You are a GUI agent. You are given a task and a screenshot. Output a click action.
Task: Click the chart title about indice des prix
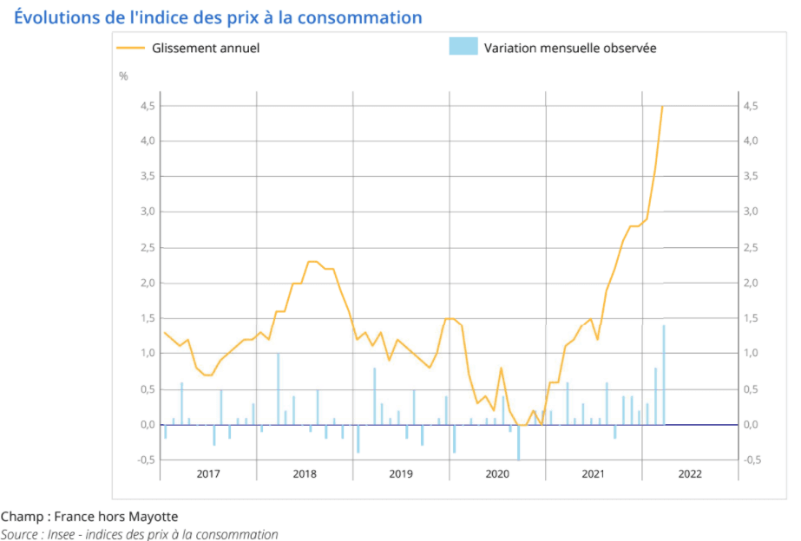coord(218,17)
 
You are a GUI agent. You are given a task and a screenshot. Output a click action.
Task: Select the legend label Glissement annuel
coord(206,49)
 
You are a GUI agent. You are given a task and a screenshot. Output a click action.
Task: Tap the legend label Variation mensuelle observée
coord(570,49)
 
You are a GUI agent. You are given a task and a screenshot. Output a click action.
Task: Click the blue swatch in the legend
coord(463,47)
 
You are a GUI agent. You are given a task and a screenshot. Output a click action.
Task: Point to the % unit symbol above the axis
coord(123,76)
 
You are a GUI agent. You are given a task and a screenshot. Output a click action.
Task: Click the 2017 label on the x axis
coord(208,474)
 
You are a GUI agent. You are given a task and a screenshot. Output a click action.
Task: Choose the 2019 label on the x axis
coord(401,474)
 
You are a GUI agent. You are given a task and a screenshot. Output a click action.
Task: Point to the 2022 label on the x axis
coord(690,474)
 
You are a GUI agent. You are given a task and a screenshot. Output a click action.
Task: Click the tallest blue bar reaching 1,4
coord(664,375)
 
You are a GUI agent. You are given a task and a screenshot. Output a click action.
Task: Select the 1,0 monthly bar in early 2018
coord(278,389)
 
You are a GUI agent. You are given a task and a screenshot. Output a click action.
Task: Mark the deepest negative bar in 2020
coord(518,442)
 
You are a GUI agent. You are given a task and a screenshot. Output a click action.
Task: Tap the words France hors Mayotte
coord(116,517)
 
